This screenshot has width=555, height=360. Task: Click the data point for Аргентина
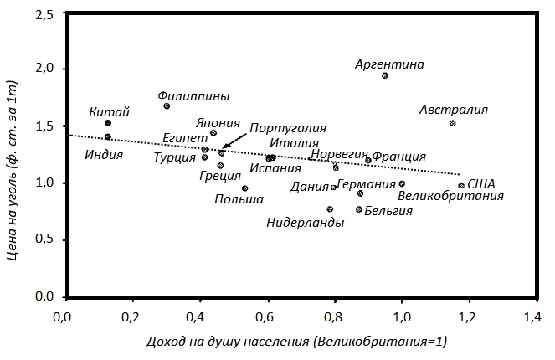[x=384, y=75]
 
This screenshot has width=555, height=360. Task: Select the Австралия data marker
[x=452, y=123]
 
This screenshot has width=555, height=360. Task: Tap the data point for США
[x=461, y=186]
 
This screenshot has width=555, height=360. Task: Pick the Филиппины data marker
[x=167, y=106]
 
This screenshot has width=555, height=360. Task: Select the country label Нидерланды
[x=306, y=223]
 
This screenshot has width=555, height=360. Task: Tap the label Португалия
[x=287, y=128]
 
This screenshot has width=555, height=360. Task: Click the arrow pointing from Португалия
[x=235, y=140]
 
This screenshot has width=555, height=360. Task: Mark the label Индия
[x=105, y=155]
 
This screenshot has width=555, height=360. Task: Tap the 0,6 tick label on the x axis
[x=266, y=319]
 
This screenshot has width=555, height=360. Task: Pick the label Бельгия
[x=389, y=211]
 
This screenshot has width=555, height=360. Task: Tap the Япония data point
[x=213, y=133]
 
